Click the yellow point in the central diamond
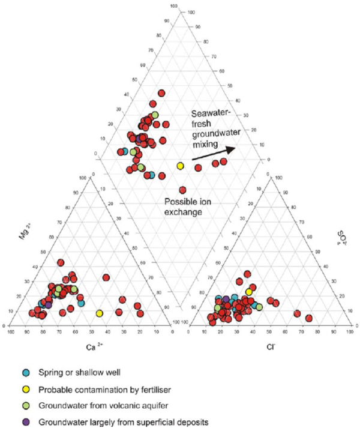tap(179, 165)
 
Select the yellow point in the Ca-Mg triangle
tap(100, 313)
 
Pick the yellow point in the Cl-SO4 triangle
tap(249, 292)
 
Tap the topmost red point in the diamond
tap(161, 93)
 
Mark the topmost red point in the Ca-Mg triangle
tap(61, 262)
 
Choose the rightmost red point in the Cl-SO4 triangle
tap(309, 318)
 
